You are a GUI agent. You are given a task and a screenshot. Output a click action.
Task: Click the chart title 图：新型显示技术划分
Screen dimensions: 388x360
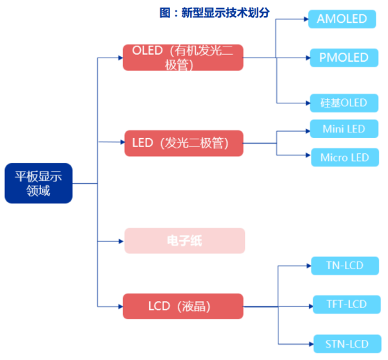[x=214, y=12]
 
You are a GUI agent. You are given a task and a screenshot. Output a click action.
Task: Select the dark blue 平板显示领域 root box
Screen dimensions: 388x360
[x=39, y=183]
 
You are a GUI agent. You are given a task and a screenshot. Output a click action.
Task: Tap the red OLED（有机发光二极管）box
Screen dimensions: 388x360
[x=183, y=58]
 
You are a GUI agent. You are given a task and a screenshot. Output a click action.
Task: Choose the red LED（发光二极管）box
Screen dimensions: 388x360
[x=184, y=143]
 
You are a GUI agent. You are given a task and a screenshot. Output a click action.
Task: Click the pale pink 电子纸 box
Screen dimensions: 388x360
[x=185, y=241]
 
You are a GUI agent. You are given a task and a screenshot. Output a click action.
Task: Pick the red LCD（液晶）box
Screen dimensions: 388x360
[x=183, y=307]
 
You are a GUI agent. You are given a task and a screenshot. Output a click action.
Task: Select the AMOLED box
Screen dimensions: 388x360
[x=342, y=19]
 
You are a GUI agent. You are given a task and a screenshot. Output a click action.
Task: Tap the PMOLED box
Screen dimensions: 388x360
[x=344, y=58]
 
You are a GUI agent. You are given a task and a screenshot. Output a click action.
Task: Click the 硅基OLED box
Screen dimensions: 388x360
[x=344, y=103]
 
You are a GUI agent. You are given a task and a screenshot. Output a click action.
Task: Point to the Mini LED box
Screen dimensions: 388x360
[x=344, y=129]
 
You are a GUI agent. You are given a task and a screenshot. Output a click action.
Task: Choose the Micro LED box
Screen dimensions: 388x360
[x=345, y=157]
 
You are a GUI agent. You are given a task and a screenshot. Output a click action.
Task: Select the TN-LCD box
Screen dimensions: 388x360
[x=345, y=266]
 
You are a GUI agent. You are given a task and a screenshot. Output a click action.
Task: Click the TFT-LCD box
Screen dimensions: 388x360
[x=347, y=305]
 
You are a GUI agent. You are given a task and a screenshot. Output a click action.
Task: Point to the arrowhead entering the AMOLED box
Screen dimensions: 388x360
[x=306, y=19]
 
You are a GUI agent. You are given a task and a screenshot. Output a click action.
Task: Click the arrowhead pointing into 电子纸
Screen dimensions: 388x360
[x=121, y=241]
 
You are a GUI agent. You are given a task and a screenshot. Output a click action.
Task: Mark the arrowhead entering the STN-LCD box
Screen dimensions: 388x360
[x=311, y=344]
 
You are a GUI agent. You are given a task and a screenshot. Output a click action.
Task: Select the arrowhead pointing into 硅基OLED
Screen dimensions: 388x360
[x=308, y=103]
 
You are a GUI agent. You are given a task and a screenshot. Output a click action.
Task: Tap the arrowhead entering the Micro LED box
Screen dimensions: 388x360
[x=308, y=155]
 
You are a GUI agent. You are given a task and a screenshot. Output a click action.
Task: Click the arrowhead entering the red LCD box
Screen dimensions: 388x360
[x=121, y=307]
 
